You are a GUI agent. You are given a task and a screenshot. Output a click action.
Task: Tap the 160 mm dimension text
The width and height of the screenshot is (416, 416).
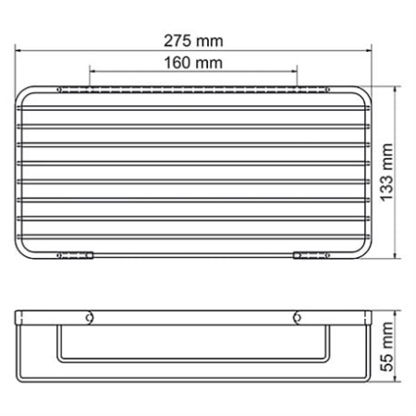[192, 63]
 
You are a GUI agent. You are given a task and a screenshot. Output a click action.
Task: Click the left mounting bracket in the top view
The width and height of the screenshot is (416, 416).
[79, 255]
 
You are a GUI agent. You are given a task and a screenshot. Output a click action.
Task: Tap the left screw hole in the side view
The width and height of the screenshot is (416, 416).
[90, 318]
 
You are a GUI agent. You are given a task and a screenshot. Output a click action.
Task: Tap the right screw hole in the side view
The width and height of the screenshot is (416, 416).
[297, 318]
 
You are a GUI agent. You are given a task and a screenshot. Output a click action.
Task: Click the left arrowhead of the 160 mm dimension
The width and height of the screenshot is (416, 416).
[92, 73]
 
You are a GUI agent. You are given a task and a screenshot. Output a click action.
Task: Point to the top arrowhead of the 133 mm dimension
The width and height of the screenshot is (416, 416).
[398, 91]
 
